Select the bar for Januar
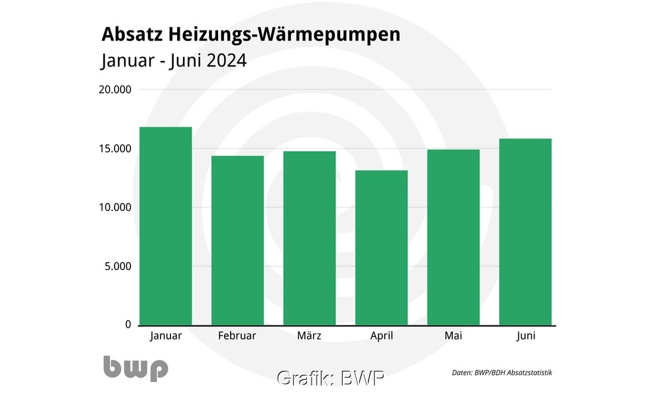tap(166, 226)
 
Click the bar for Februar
tap(237, 240)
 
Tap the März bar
tap(310, 237)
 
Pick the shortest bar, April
tap(381, 247)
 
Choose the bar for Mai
tap(453, 237)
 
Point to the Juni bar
tap(525, 232)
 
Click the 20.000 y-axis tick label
tap(115, 90)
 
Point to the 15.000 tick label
tap(115, 149)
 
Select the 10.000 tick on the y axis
tap(115, 208)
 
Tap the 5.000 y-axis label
tap(117, 267)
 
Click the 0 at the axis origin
tap(128, 324)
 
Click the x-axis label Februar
tap(237, 336)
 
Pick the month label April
tap(381, 336)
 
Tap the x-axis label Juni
tap(526, 336)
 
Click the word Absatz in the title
tap(131, 34)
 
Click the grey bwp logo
tap(135, 368)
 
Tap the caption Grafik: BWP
tap(330, 378)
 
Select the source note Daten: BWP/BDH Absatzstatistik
tap(502, 373)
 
